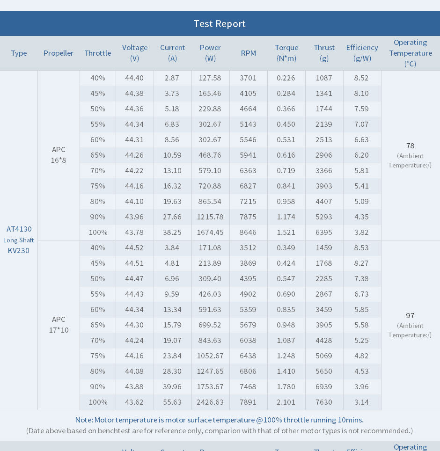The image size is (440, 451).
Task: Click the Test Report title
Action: point(220,24)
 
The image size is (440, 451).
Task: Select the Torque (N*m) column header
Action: point(286,53)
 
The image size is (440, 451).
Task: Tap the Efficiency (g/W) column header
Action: point(362,53)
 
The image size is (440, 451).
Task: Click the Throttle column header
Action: point(98,53)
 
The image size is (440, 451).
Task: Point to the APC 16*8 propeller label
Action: point(59,155)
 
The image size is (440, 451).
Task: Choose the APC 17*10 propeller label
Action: point(59,325)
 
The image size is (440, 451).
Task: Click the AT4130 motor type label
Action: point(19,229)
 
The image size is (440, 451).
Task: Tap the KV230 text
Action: point(19,250)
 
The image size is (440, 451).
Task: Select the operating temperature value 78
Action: point(411,145)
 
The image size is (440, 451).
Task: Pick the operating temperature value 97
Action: point(411,315)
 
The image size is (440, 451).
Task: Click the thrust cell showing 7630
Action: point(324,402)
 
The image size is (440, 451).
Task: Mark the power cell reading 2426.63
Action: point(210,402)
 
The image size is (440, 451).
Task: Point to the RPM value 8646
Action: point(248,232)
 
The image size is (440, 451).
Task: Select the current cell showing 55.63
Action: point(172,402)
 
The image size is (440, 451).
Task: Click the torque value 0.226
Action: point(286,78)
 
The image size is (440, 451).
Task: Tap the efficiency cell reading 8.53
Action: point(361,247)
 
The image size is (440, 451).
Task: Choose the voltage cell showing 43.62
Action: point(134,402)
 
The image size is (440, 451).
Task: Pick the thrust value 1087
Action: point(324,78)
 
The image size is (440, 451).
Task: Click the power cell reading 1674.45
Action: point(210,232)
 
